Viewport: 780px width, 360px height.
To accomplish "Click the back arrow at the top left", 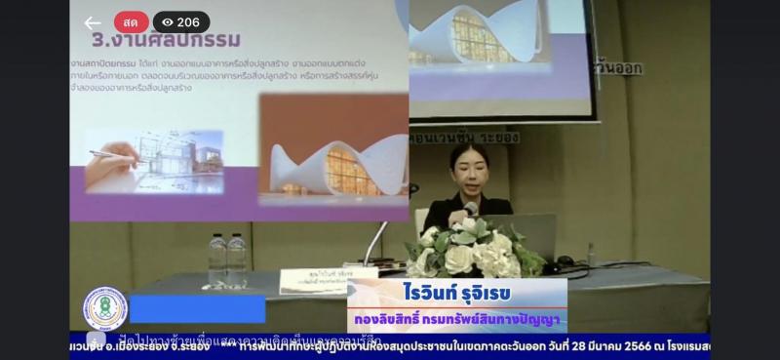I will coord(93,22).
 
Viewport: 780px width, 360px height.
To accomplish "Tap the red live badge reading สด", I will coord(132,22).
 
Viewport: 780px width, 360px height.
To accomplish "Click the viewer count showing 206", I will coord(188,22).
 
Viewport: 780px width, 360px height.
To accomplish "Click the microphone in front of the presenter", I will coord(471,210).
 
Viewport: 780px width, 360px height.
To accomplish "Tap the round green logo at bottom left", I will coord(103,308).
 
